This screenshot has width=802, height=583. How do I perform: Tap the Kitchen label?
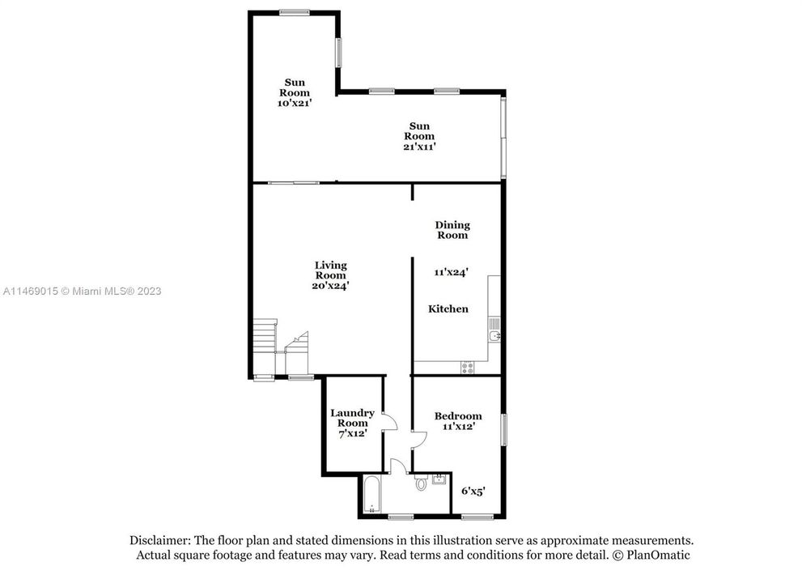point(448,309)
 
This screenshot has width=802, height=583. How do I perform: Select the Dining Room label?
point(452,230)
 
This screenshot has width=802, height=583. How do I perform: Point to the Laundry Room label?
point(352,418)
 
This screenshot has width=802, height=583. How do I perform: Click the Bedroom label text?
point(461,416)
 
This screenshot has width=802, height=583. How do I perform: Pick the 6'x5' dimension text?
point(473,490)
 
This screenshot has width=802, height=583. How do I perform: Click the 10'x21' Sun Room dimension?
point(295,104)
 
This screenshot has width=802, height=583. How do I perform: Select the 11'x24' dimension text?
point(452,273)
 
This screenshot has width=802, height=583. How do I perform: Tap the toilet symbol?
point(420,484)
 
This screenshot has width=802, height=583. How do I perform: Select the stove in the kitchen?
point(468,367)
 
